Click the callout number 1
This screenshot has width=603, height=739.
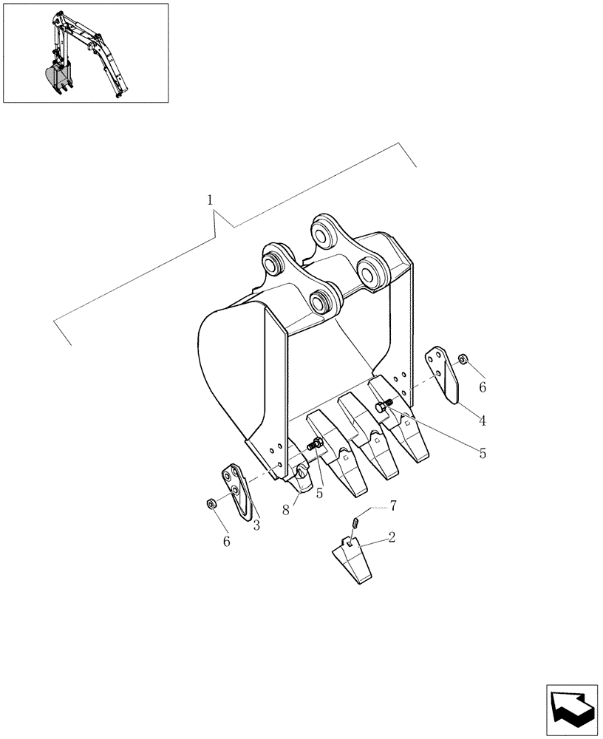point(211,200)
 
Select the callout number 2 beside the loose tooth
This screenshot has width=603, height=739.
point(391,537)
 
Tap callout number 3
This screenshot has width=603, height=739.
point(256,525)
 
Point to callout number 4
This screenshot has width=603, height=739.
point(482,421)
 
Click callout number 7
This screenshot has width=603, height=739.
point(393,505)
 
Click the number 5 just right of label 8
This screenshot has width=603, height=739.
point(319,493)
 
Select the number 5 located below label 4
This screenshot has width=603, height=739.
point(482,453)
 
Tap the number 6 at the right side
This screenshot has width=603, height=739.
point(482,386)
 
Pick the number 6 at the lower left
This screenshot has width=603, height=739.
point(227,542)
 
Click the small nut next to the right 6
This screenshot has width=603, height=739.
point(462,359)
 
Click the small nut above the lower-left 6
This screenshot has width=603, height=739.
point(210,504)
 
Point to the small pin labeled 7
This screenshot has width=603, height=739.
point(356,522)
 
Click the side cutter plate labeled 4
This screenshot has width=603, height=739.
point(444,376)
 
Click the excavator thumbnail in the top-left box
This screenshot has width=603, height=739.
point(85,53)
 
